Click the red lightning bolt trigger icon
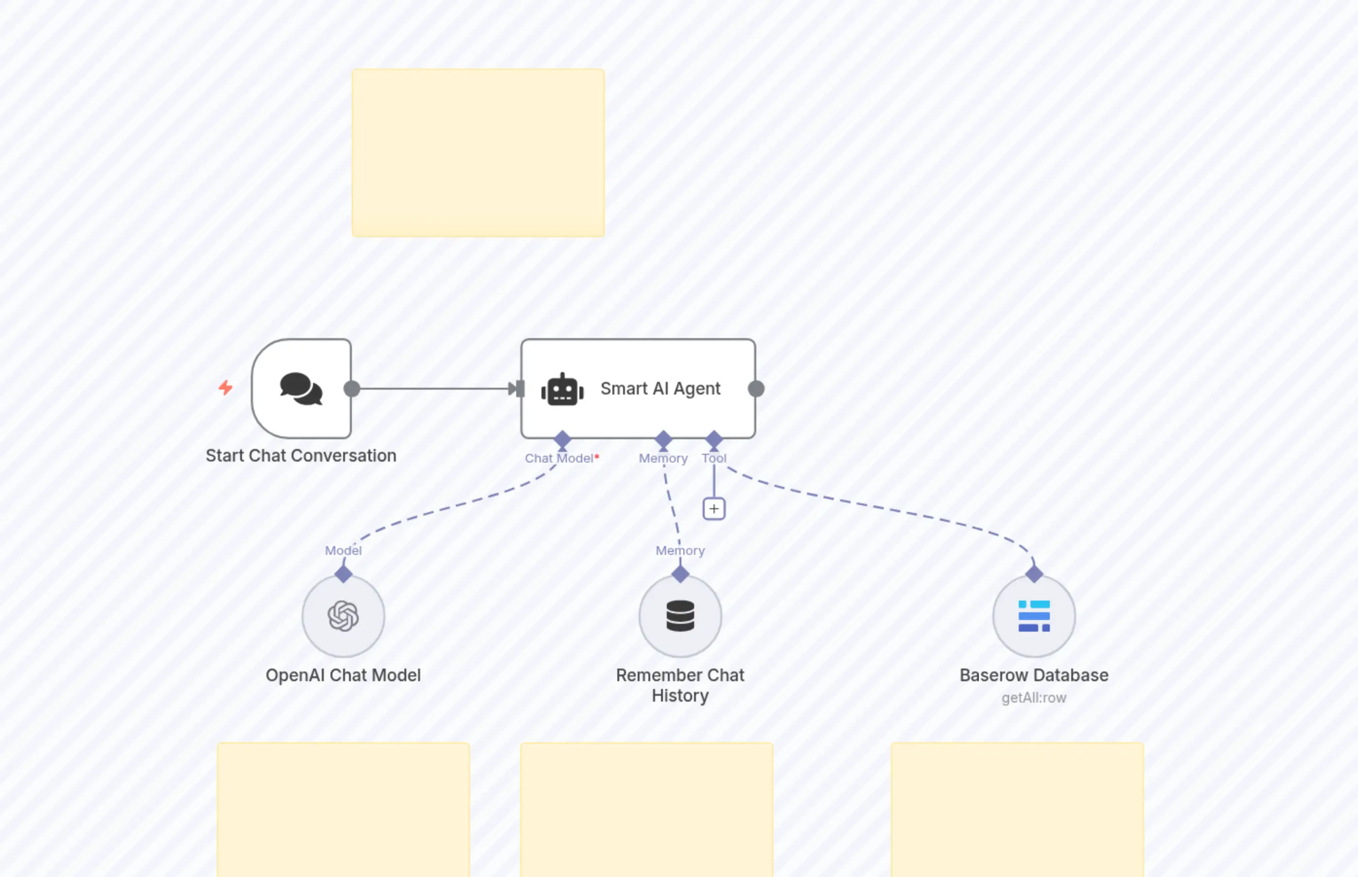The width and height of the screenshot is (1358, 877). [226, 388]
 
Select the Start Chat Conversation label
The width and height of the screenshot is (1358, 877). [301, 456]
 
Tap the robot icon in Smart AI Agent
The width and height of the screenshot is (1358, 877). [562, 390]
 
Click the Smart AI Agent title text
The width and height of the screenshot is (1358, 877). [660, 388]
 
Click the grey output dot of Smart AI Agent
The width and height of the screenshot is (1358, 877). [756, 389]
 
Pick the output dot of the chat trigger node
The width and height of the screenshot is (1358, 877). [352, 389]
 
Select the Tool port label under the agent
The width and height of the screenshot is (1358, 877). [714, 459]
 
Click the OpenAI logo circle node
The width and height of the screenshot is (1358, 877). [343, 616]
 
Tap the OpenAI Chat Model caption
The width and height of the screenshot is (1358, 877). [343, 675]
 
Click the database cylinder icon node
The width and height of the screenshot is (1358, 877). [680, 616]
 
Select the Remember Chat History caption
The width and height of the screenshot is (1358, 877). [680, 685]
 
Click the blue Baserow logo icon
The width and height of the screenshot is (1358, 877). [1034, 616]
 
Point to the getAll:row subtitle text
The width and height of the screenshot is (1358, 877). [1034, 698]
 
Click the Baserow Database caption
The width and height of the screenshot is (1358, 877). [1034, 675]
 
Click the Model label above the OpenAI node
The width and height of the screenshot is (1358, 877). [343, 550]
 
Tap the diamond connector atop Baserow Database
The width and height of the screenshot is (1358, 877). [1034, 574]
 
